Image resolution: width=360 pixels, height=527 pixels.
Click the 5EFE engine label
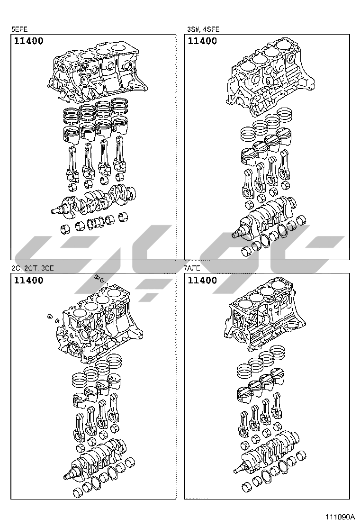coord(19,29)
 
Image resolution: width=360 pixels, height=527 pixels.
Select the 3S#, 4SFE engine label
coord(203,29)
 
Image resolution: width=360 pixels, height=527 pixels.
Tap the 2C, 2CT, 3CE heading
coord(33,268)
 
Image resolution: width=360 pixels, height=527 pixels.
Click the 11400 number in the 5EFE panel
coord(29,41)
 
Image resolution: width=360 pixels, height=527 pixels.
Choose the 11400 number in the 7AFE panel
coord(203,280)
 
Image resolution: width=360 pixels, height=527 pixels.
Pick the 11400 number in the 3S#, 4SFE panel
coord(203,41)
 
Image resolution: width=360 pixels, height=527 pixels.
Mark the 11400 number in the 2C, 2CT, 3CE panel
coord(29,280)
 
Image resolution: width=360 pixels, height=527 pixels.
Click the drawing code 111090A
coord(339,517)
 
